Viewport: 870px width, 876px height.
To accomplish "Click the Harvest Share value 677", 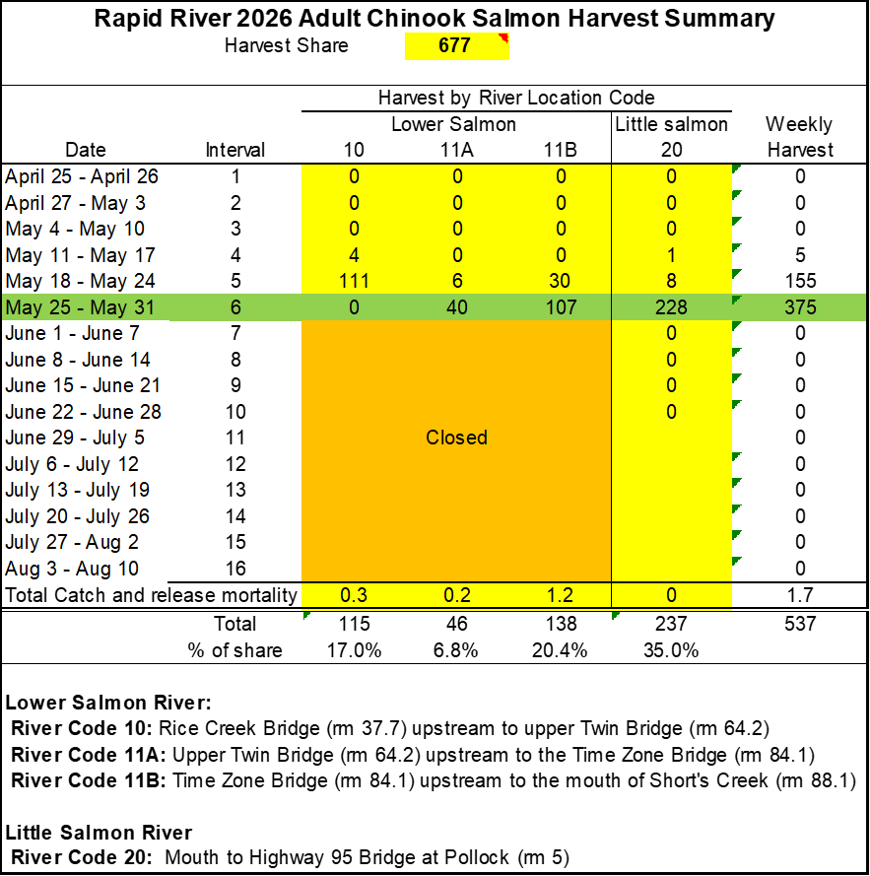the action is pos(454,45).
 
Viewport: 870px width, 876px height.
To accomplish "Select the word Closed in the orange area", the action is pos(456,438).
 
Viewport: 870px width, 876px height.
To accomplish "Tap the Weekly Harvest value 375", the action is pos(800,307).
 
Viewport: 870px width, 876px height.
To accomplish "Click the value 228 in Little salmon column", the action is pos(671,307).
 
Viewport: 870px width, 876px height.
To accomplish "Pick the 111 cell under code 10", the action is pos(355,281).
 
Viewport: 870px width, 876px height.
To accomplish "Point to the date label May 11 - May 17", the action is pos(80,255).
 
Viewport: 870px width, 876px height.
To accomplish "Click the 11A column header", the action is pos(457,150).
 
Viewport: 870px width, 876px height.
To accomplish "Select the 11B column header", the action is pos(561,150).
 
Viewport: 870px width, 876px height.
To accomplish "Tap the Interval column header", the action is pos(235,150).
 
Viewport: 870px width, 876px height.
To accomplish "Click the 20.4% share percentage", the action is pos(560,650).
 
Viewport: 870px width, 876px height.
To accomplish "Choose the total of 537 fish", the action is pos(800,624).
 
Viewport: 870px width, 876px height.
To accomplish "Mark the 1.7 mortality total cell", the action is pos(800,595).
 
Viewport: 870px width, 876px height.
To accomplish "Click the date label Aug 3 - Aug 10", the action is pos(72,569).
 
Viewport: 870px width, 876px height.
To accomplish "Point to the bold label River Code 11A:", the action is pos(89,755).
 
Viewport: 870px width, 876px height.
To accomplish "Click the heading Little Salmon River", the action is pos(99,833).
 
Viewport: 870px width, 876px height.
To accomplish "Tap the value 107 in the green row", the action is pos(561,307).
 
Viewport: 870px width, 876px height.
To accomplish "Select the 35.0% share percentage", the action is pos(671,650).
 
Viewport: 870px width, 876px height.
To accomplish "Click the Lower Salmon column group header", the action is pos(453,124).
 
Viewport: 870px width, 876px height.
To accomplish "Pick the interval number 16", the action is pos(235,569).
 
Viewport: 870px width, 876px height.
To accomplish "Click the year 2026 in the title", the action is pos(264,19).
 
